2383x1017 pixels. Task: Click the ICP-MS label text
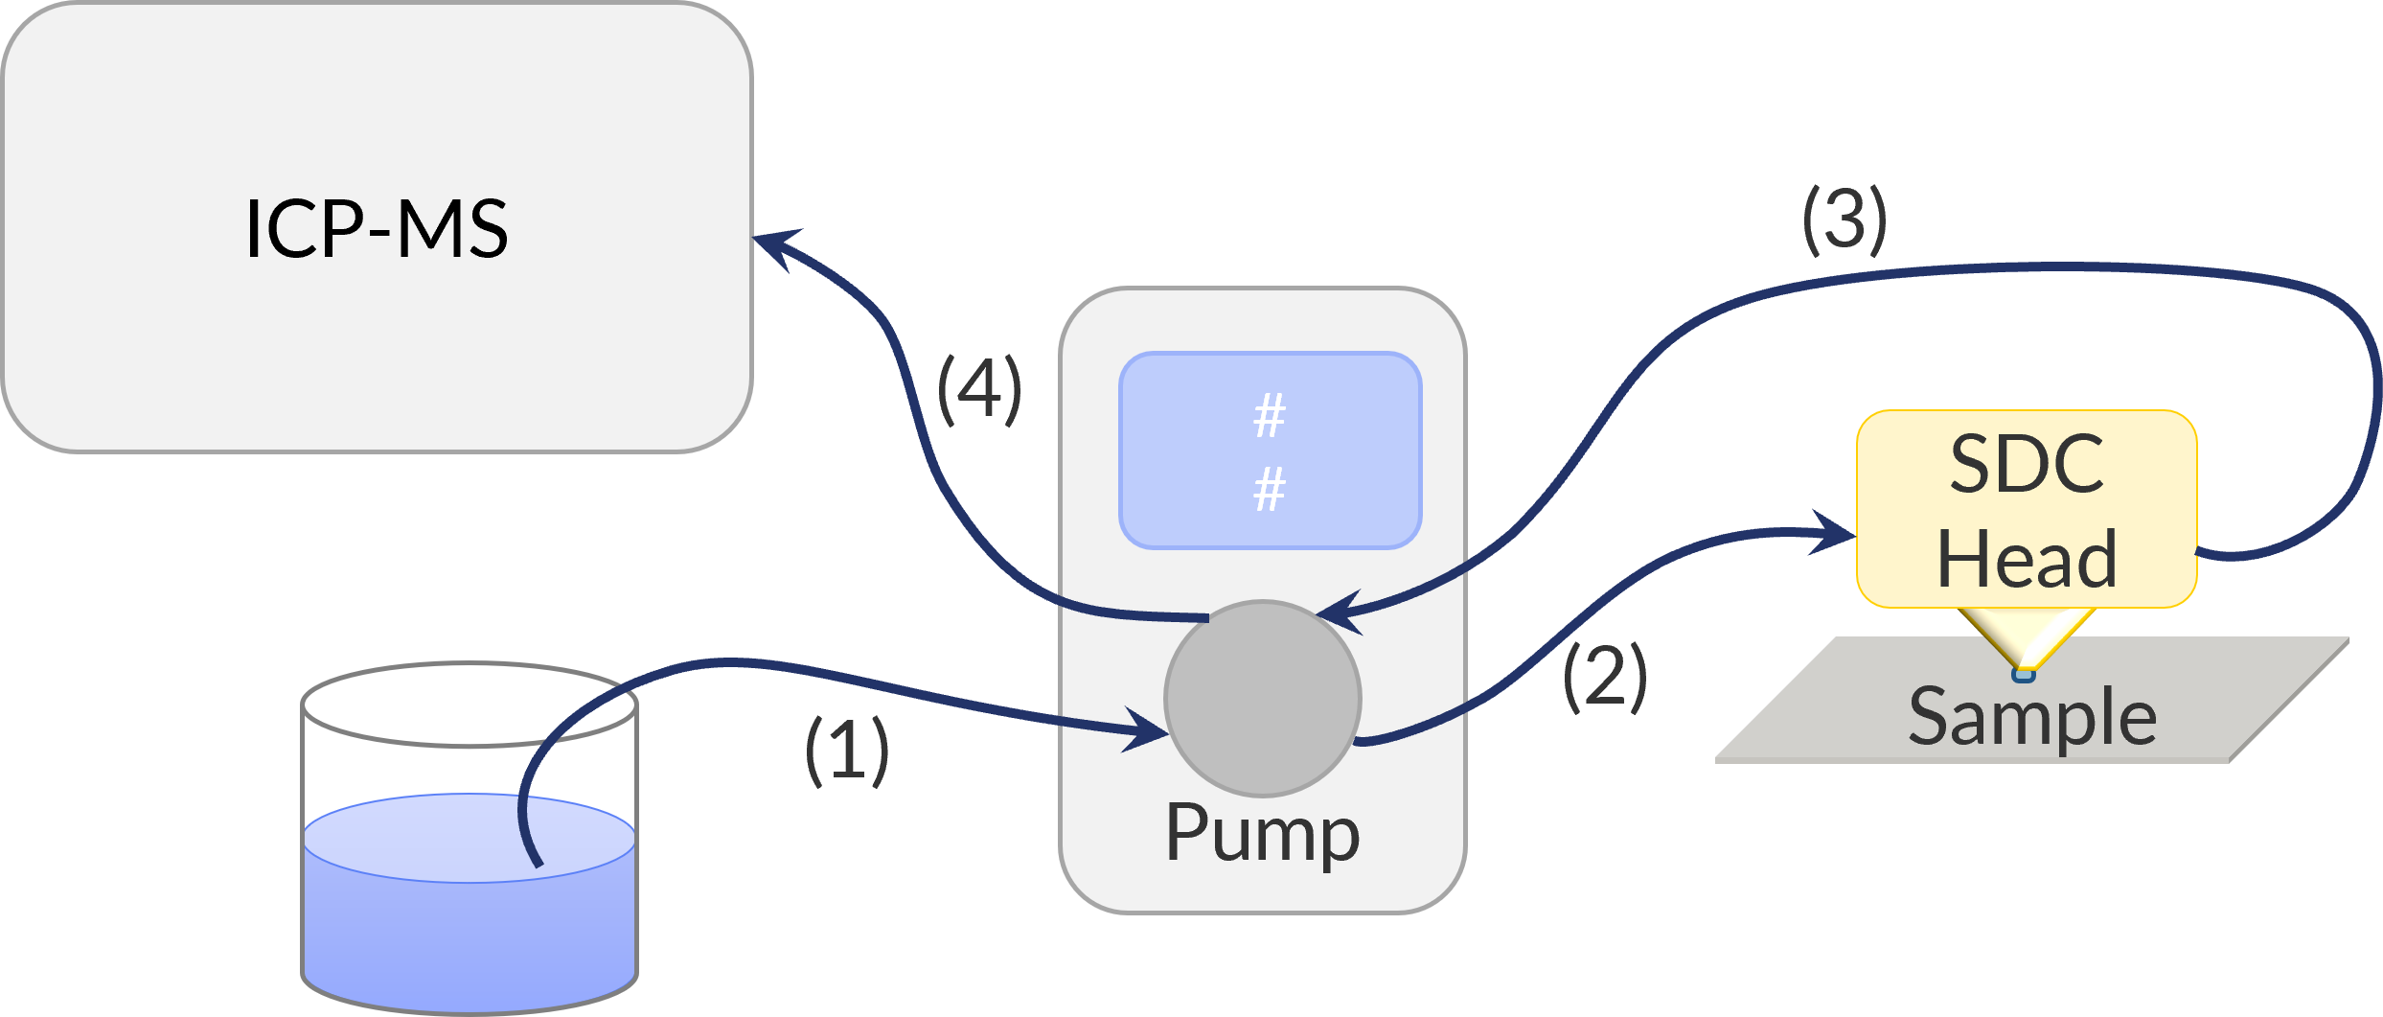point(377,229)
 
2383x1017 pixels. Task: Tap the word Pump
point(1262,834)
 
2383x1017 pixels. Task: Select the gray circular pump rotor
point(1262,698)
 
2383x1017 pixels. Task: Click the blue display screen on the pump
point(1270,451)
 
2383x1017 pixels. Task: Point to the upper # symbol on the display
point(1270,417)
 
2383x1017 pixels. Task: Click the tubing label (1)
point(846,751)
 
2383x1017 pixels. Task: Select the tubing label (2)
point(1604,677)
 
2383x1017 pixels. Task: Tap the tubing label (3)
point(1845,221)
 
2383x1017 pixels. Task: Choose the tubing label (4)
point(978,390)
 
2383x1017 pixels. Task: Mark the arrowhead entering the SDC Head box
point(1835,533)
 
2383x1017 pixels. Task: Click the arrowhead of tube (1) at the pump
point(1150,732)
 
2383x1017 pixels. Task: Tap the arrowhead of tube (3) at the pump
point(1338,612)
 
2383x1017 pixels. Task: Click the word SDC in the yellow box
point(2027,465)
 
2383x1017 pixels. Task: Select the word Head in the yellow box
point(2027,559)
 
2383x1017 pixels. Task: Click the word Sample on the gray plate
point(2031,717)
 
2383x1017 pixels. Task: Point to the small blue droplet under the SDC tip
point(2024,675)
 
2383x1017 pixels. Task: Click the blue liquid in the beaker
point(470,920)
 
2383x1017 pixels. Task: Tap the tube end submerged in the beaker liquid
point(537,860)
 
